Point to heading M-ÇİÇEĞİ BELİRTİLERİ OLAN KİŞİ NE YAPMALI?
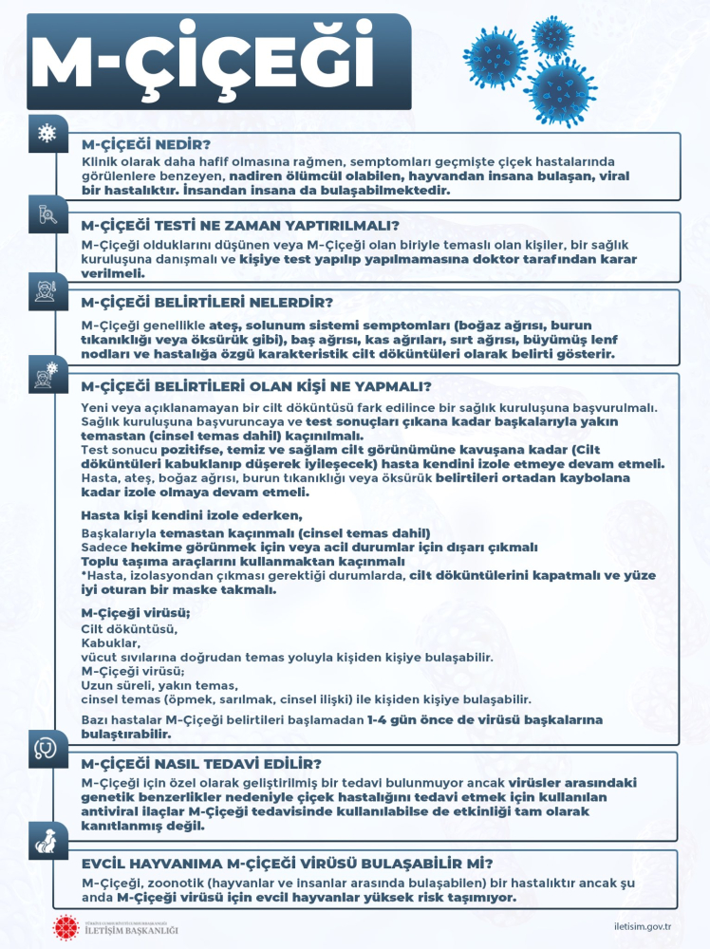256,386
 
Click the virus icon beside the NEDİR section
45,133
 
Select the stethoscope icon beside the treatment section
45,743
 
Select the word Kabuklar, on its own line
111,642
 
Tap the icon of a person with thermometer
45,288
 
